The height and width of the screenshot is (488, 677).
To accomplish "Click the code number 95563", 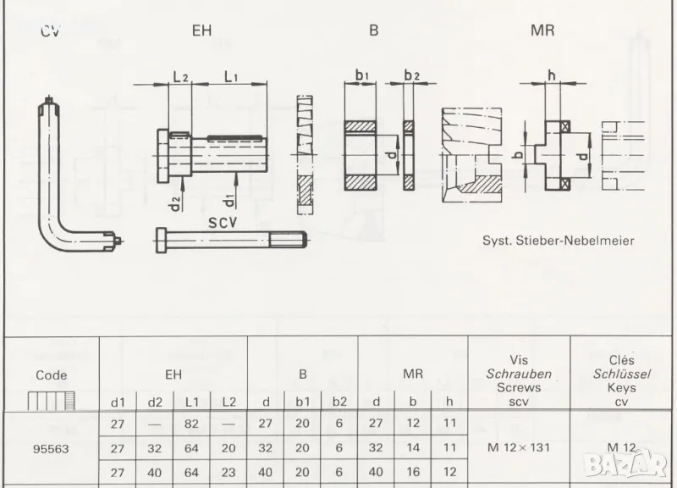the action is tap(51, 449).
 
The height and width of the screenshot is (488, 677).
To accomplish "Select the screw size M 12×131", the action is tap(519, 447).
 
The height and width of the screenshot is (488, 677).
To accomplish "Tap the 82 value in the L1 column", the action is tap(191, 424).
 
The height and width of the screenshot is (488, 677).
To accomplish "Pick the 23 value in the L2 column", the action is tap(228, 472).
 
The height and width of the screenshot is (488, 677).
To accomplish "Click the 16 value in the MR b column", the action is tap(413, 472).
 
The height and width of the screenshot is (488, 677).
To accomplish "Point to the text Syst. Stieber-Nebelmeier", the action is tap(559, 241).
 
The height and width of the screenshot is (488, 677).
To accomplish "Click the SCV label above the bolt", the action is tap(223, 223).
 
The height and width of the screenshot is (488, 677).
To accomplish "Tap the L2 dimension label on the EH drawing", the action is tap(180, 76).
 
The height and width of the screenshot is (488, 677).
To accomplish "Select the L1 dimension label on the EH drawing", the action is tap(231, 76).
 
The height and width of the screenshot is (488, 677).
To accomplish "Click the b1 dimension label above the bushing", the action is tap(361, 75).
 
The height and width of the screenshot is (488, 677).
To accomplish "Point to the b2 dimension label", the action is tap(411, 75).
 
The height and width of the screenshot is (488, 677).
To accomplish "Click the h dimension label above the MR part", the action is tap(552, 75).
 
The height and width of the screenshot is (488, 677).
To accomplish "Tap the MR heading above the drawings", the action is tap(542, 30).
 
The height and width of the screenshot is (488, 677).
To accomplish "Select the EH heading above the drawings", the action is tap(201, 30).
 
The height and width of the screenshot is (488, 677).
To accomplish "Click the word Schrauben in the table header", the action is tap(519, 374).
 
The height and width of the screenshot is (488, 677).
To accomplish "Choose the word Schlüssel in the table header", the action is tap(621, 374).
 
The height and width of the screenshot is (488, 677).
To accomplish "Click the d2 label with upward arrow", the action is tap(175, 203).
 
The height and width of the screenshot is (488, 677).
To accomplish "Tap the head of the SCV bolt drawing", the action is tap(161, 241).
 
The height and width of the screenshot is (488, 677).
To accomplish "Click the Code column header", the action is tap(52, 375).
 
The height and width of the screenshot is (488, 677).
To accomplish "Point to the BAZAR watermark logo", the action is tap(625, 464).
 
